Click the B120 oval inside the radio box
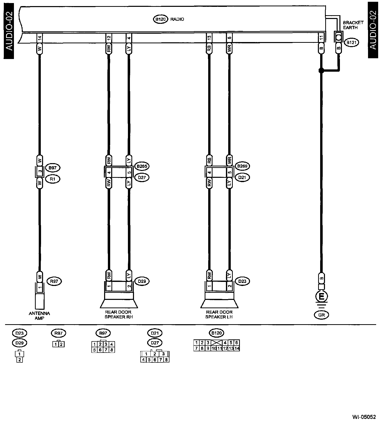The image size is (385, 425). point(161,19)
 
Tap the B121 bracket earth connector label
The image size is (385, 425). point(352,43)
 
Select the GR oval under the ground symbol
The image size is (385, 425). point(321,315)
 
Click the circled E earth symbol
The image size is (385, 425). point(321,296)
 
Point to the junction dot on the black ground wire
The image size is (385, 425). point(321,71)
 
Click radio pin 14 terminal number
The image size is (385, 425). point(40,38)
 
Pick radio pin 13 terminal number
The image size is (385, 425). point(209,38)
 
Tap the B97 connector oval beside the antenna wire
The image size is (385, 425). point(53,167)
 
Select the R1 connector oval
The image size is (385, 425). point(53,179)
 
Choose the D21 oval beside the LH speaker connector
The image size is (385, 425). point(242,177)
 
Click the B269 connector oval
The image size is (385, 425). point(242,166)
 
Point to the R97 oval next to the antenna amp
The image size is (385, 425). point(54,281)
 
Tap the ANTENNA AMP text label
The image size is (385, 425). point(39,316)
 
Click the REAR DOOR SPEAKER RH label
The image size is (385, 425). point(119,314)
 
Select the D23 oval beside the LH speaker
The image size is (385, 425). point(242,281)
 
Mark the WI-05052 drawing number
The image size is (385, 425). point(364,417)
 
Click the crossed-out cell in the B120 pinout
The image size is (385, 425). point(217,343)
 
